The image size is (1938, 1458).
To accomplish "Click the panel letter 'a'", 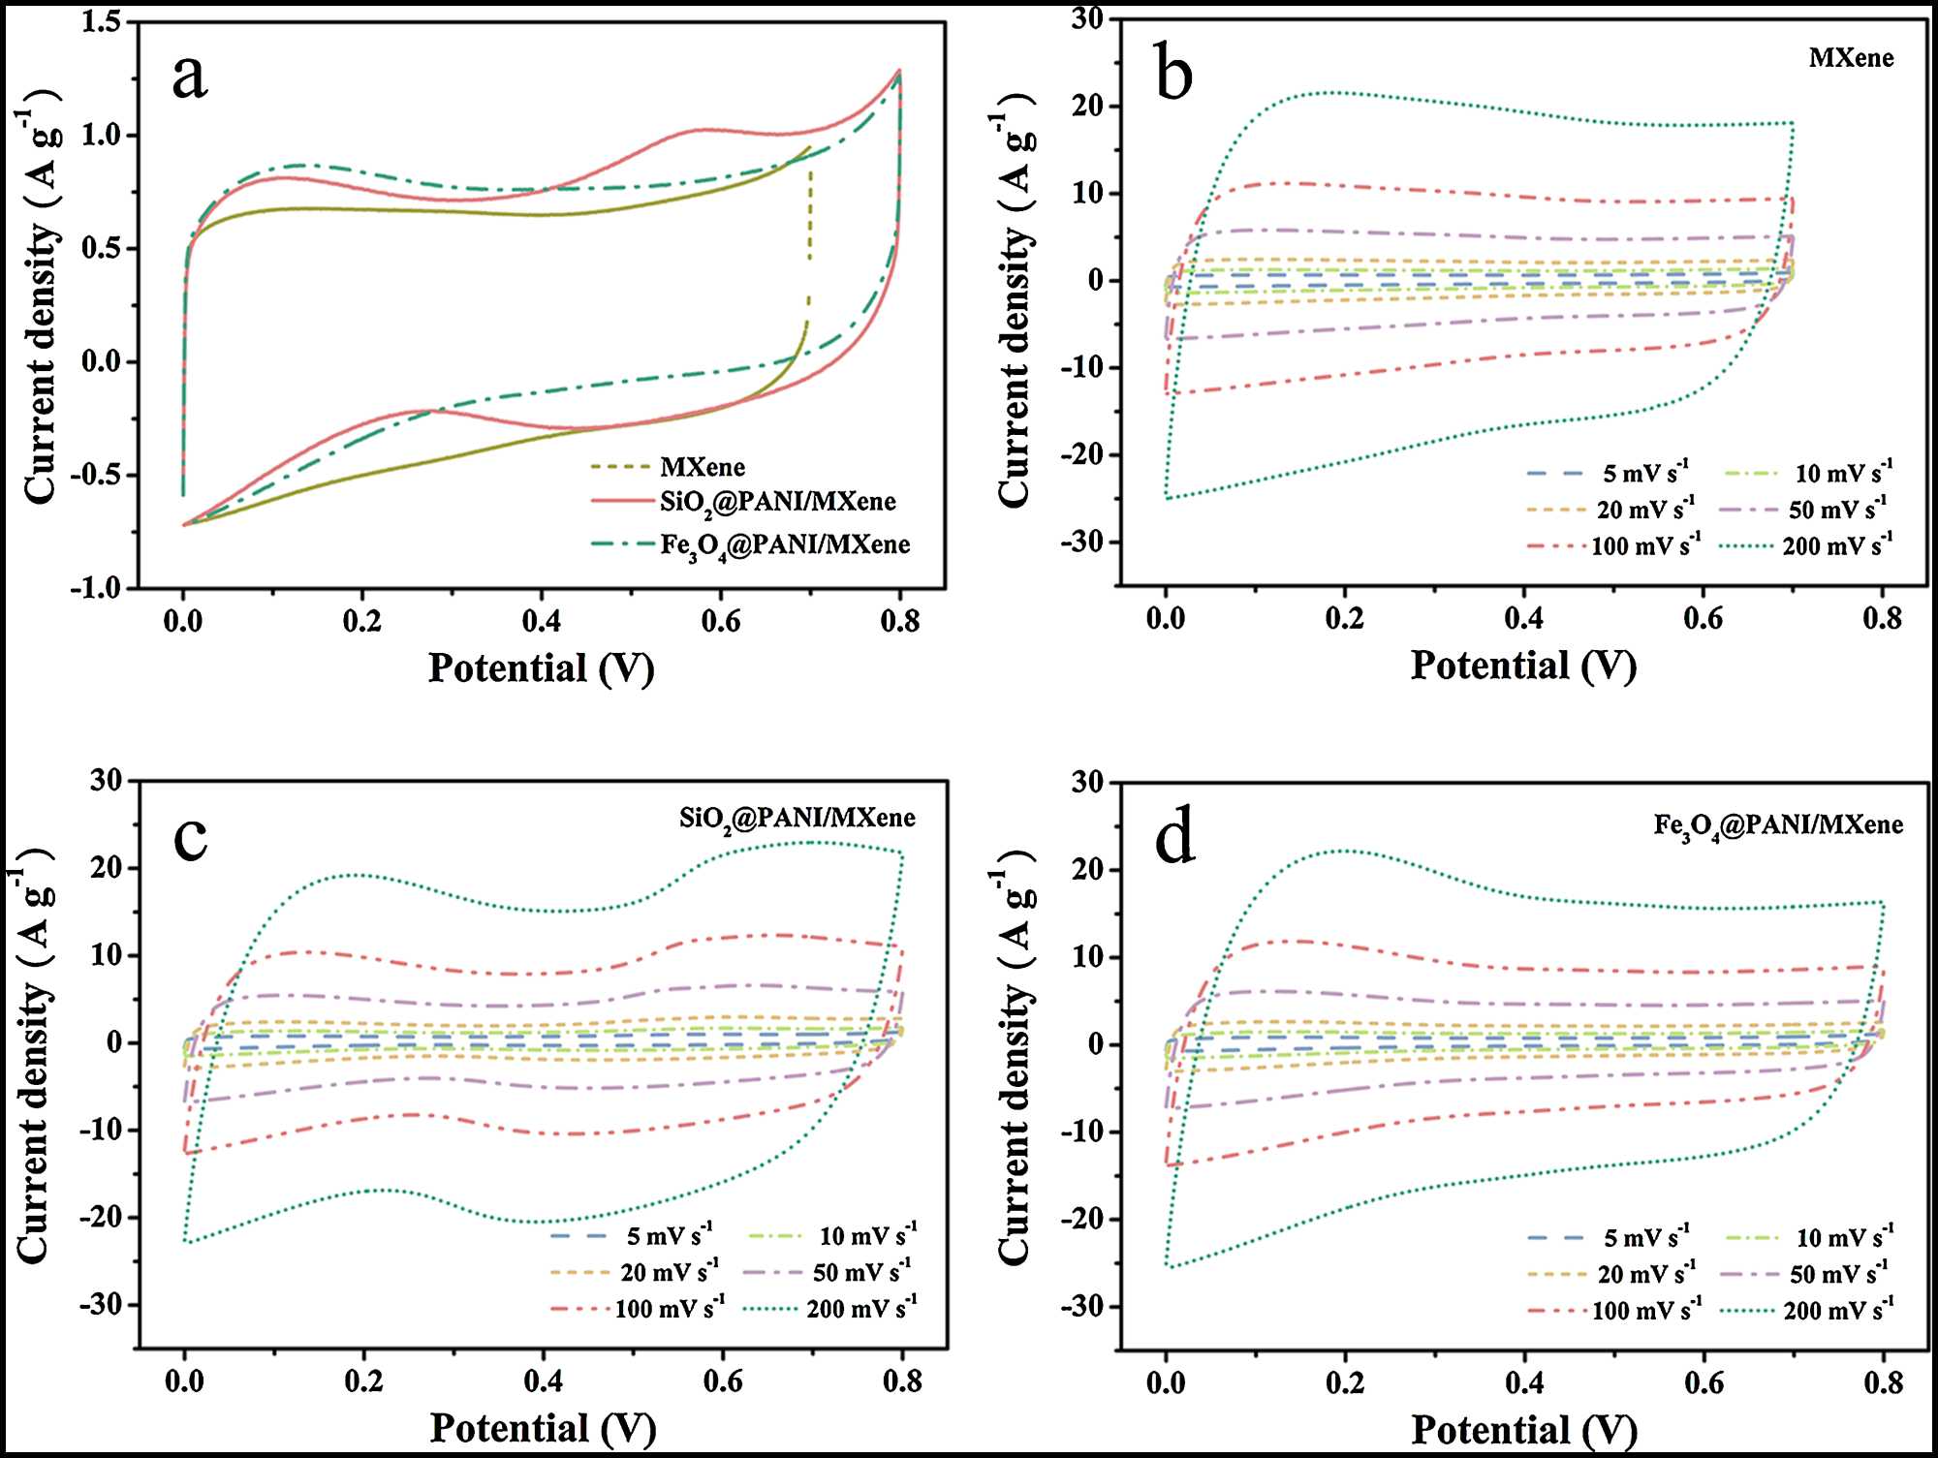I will [x=190, y=77].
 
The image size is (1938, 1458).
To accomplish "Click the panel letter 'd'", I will [x=1174, y=838].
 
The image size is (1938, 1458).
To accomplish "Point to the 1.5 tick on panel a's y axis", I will [x=102, y=21].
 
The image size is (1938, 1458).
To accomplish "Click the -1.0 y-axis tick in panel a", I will [x=96, y=588].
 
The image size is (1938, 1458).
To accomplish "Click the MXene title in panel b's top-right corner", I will [x=1851, y=58].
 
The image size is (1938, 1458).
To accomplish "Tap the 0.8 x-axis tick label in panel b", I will [x=1882, y=618].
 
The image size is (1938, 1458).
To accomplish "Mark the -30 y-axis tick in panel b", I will [x=1082, y=542].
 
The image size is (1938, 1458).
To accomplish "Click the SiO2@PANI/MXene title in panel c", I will [x=797, y=820].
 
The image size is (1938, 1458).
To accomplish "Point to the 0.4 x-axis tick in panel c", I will [x=543, y=1380].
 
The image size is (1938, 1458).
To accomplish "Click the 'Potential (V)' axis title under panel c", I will [x=543, y=1429].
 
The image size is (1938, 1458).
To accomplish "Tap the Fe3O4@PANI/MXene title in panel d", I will [x=1778, y=826].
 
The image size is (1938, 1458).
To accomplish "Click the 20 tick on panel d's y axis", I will [x=1089, y=869].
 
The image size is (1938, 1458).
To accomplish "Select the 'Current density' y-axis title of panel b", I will [x=1015, y=300].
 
